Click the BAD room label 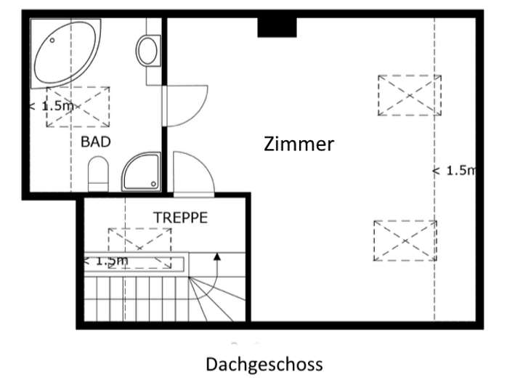tap(96, 142)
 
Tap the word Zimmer tap(299, 144)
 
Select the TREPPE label tap(180, 217)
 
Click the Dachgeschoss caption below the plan tap(264, 365)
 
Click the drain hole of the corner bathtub tap(52, 40)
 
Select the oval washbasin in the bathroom tap(147, 50)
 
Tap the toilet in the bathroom tap(98, 174)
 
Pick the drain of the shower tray tap(153, 184)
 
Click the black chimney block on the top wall tap(277, 28)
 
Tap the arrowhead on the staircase tap(217, 256)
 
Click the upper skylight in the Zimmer tap(410, 95)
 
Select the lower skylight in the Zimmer tap(405, 240)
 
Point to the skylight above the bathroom tap(78, 107)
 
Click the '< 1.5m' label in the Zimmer tap(454, 171)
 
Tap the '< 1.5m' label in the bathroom tap(52, 106)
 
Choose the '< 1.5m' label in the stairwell tap(106, 261)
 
